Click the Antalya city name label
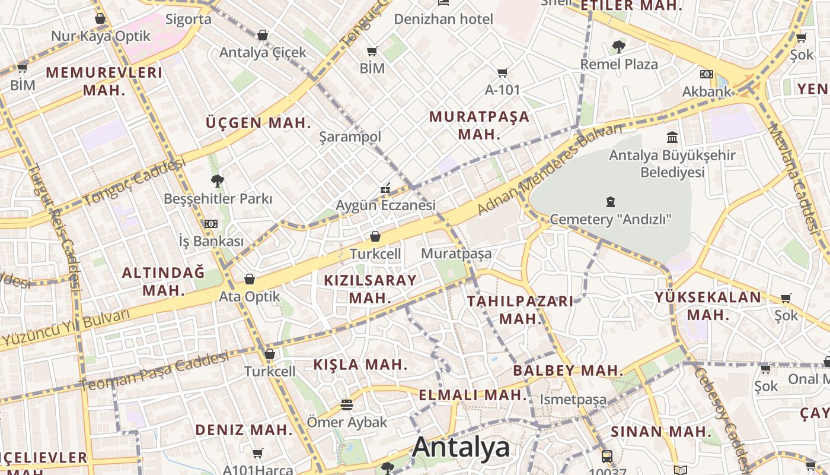pyautogui.click(x=461, y=446)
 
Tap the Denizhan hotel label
pyautogui.click(x=443, y=19)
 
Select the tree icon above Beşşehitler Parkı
pyautogui.click(x=218, y=180)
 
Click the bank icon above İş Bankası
pyautogui.click(x=210, y=224)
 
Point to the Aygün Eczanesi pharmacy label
pyautogui.click(x=385, y=205)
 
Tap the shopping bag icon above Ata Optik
pyautogui.click(x=250, y=279)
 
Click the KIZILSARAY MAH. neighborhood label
pyautogui.click(x=370, y=289)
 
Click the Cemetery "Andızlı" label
pyautogui.click(x=610, y=220)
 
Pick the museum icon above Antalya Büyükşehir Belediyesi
pyautogui.click(x=672, y=138)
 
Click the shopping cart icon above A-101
pyautogui.click(x=502, y=73)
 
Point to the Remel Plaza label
pyautogui.click(x=619, y=64)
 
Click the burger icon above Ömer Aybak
pyautogui.click(x=347, y=405)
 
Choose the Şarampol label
pyautogui.click(x=350, y=137)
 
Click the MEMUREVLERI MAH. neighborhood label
pyautogui.click(x=104, y=81)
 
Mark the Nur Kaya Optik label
pyautogui.click(x=101, y=36)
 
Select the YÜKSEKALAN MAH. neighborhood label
pyautogui.click(x=707, y=305)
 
